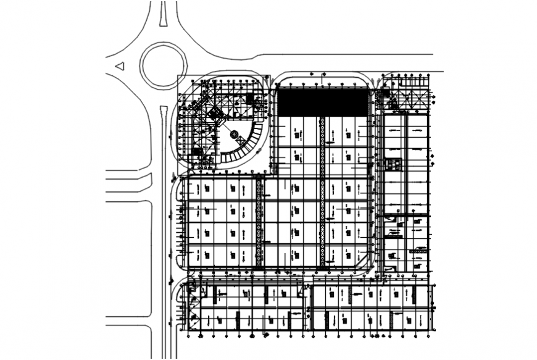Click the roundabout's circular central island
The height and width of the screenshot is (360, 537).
point(164,64)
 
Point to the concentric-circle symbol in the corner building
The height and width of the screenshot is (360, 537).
point(234,134)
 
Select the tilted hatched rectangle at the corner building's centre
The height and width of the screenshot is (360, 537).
point(215,114)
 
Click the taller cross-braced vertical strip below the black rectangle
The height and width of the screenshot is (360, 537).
point(322,191)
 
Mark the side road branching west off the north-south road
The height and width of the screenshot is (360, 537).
point(128,182)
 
